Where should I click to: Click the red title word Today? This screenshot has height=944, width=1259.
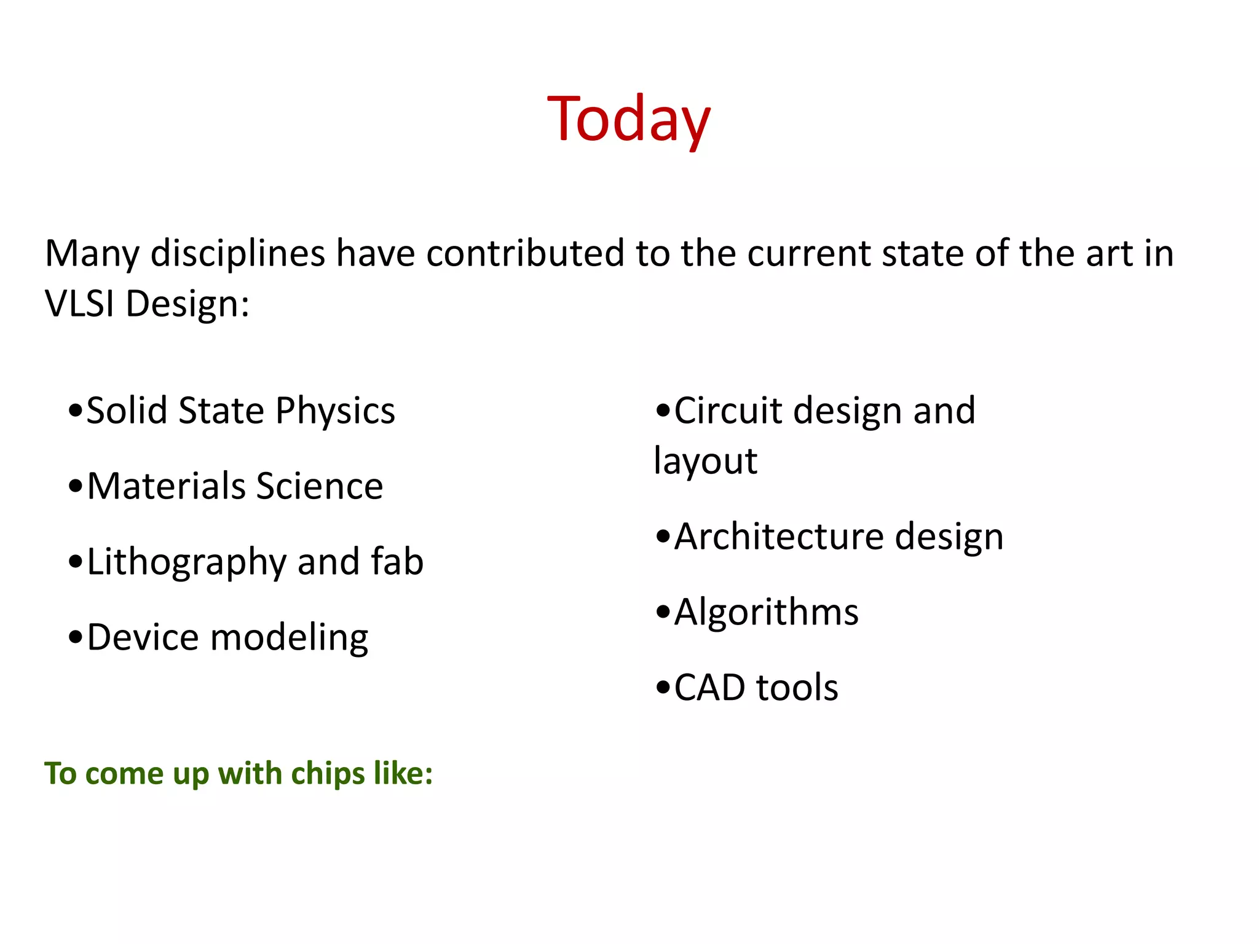(x=628, y=119)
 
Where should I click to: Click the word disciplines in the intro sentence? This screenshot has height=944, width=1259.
(x=237, y=253)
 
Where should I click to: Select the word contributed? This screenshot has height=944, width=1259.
(x=525, y=253)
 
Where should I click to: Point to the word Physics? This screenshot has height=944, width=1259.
(x=335, y=411)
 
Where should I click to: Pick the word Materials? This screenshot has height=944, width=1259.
(x=166, y=486)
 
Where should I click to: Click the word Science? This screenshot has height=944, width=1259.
(x=320, y=486)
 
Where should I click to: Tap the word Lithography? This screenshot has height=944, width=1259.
(x=187, y=562)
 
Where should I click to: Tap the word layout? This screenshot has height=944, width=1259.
(x=705, y=462)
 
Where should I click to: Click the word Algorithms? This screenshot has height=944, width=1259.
(x=766, y=613)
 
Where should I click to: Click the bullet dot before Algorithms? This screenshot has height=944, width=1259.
(x=663, y=612)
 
